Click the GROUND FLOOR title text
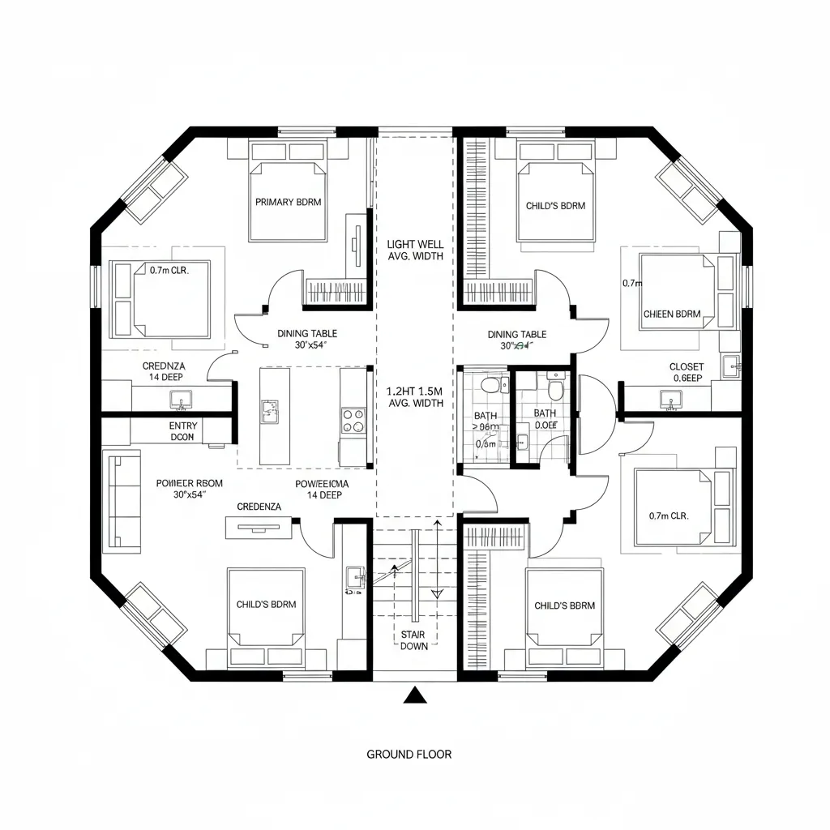point(409,754)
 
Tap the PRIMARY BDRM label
point(288,202)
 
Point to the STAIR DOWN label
point(414,640)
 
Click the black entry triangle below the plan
point(415,695)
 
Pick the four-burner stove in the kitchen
point(353,421)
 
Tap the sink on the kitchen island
point(269,412)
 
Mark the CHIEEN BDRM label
point(672,314)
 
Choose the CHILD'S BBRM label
point(564,605)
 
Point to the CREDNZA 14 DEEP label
point(165,371)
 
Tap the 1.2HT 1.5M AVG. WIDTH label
point(415,396)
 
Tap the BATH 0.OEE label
point(545,417)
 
